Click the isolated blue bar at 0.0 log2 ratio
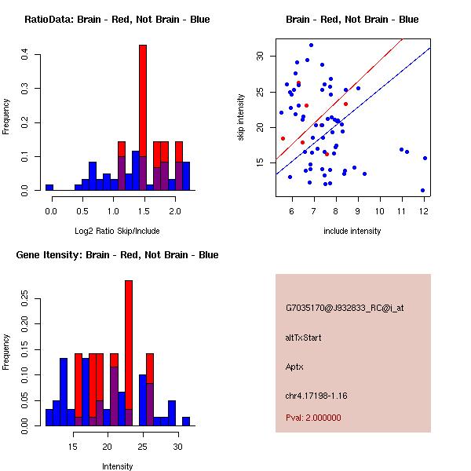pyautogui.click(x=49, y=188)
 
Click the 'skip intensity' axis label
pyautogui.click(x=243, y=118)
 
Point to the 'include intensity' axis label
pyautogui.click(x=352, y=231)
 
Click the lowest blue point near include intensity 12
pyautogui.click(x=422, y=190)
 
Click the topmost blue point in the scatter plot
pyautogui.click(x=311, y=46)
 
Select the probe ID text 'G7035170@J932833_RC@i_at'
pyautogui.click(x=344, y=309)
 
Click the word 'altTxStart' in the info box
pyautogui.click(x=303, y=338)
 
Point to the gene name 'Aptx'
pyautogui.click(x=294, y=366)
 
